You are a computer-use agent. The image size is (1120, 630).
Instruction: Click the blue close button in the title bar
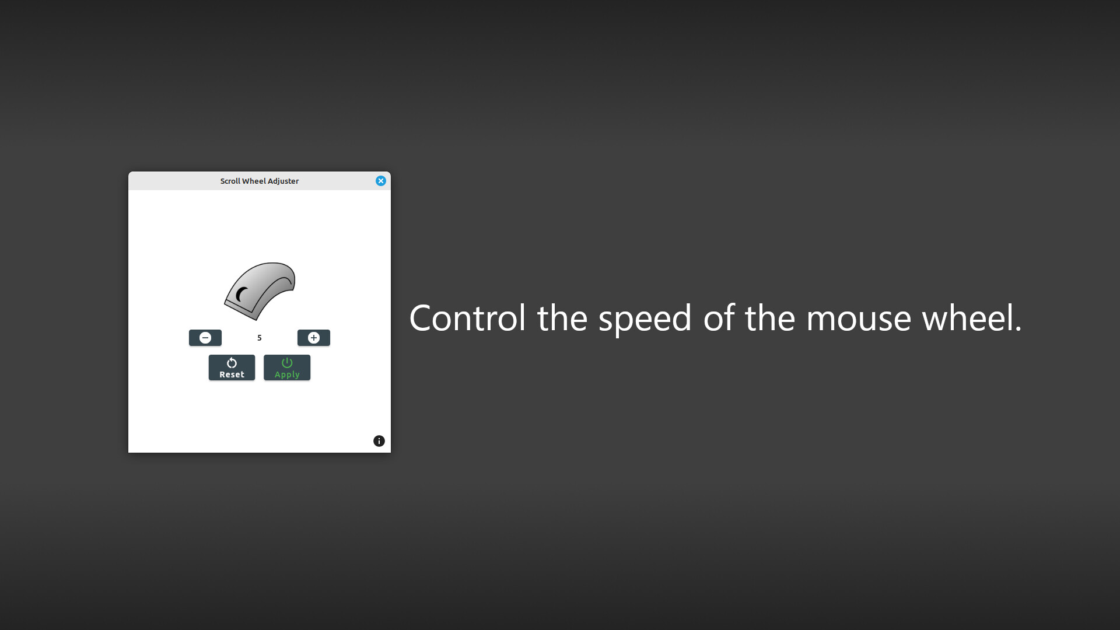pyautogui.click(x=381, y=181)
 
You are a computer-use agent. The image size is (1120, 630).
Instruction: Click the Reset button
pyautogui.click(x=232, y=367)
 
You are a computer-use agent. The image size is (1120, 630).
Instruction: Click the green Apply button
pyautogui.click(x=287, y=367)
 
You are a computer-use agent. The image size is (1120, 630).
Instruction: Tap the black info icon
pyautogui.click(x=379, y=441)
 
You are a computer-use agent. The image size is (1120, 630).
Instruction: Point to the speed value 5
pyautogui.click(x=260, y=338)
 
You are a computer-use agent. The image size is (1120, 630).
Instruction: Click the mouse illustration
pyautogui.click(x=260, y=290)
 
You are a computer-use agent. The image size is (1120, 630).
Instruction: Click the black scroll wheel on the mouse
pyautogui.click(x=241, y=295)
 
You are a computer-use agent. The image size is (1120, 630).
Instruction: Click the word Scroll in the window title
pyautogui.click(x=230, y=181)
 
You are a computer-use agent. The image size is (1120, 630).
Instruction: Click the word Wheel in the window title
pyautogui.click(x=254, y=181)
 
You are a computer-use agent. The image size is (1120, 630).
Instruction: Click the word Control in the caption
pyautogui.click(x=467, y=318)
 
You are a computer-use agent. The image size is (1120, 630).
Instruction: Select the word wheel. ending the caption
pyautogui.click(x=971, y=318)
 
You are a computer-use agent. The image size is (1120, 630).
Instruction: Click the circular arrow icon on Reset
pyautogui.click(x=232, y=363)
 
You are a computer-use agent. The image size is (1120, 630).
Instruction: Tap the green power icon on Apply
pyautogui.click(x=287, y=363)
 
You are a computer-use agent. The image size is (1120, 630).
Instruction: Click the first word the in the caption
pyautogui.click(x=562, y=318)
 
